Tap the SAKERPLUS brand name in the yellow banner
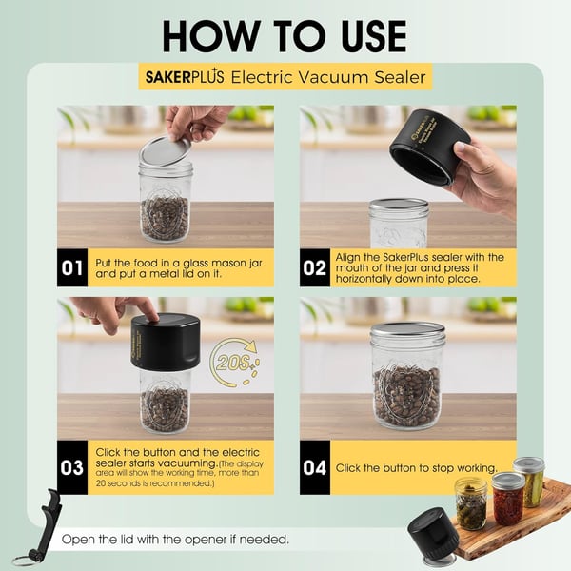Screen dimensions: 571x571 coord(185,77)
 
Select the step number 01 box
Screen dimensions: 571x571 coord(72,268)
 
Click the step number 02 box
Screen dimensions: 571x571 coord(315,268)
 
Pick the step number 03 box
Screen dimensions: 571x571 coord(72,467)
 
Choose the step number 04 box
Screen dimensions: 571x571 coord(315,467)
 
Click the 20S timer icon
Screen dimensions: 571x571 coord(235,363)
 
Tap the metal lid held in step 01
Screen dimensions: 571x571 coord(165,151)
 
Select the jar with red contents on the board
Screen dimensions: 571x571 coord(508,499)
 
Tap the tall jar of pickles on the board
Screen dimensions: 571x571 coord(530,482)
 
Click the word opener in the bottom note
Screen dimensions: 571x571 coord(205,540)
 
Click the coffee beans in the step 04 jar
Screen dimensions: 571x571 coord(407,397)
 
